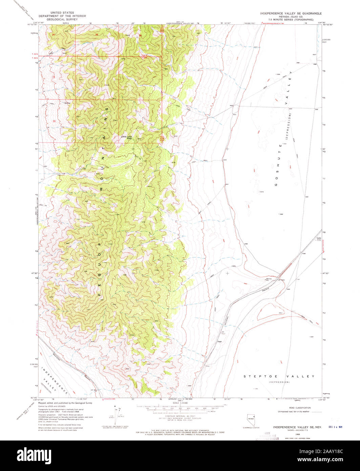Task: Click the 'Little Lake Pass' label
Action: click(127, 137)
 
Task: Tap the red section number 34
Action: click(54, 35)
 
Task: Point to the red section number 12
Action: click(140, 122)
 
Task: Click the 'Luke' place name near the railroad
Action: click(318, 238)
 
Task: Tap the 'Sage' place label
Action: click(219, 342)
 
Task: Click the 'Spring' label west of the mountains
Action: click(68, 102)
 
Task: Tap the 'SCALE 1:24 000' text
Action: click(179, 402)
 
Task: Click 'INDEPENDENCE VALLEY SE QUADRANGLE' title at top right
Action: click(291, 13)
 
